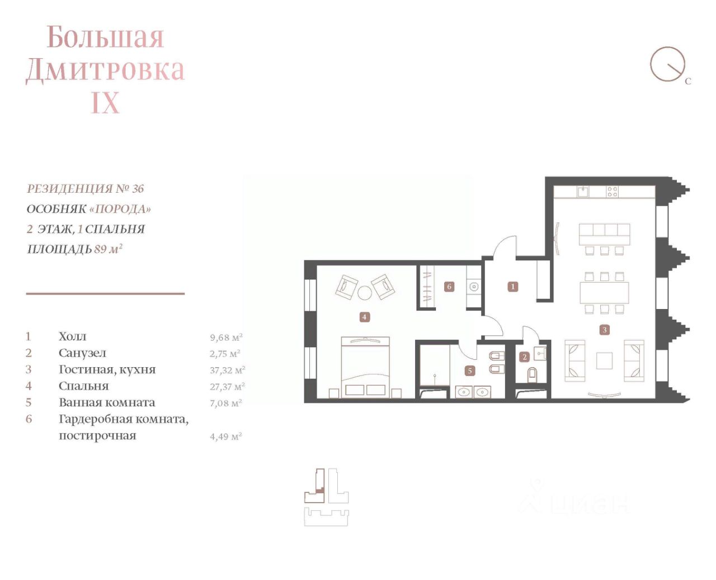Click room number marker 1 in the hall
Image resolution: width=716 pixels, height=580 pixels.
[x=512, y=287]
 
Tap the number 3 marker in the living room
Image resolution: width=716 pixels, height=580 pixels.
[x=604, y=330]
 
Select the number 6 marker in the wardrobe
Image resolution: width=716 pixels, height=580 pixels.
[x=449, y=287]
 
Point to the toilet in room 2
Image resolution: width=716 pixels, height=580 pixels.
[x=533, y=375]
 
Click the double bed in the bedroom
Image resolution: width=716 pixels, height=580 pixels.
[x=365, y=367]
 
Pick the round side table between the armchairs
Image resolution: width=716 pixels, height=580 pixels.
[x=365, y=293]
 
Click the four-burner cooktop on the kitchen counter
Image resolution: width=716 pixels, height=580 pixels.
[x=612, y=192]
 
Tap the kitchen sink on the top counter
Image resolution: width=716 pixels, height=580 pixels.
[x=583, y=192]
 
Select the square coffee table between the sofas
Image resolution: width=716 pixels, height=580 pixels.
[x=604, y=360]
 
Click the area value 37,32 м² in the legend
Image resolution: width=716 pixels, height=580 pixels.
[x=228, y=370]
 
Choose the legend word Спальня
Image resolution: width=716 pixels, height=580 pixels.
[x=84, y=386]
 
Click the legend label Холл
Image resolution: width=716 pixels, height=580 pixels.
[x=73, y=336]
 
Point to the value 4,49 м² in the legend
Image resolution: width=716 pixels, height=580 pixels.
[x=226, y=436]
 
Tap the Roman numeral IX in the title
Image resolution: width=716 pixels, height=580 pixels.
[x=105, y=103]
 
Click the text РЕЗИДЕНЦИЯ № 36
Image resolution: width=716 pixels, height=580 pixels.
[x=86, y=189]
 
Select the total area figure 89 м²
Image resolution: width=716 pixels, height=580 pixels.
[x=109, y=249]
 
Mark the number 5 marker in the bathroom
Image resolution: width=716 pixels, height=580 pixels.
[x=470, y=371]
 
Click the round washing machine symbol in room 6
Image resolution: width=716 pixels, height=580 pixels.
[x=474, y=287]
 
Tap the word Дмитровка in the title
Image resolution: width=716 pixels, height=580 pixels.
[x=105, y=69]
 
